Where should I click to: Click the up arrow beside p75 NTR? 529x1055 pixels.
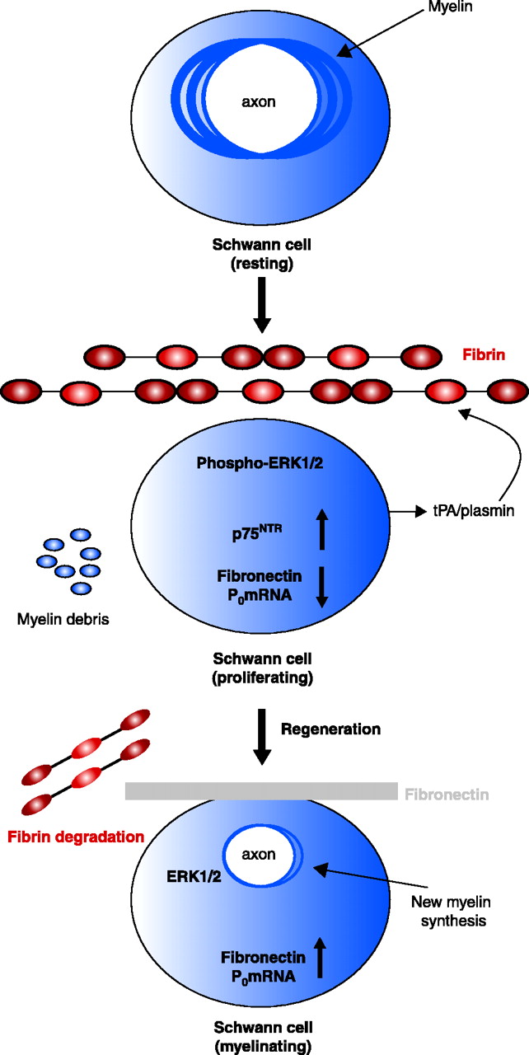pos(322,528)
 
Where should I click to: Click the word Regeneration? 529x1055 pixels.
pos(330,729)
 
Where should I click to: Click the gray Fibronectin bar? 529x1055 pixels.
pos(260,791)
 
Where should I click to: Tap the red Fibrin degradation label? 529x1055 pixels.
pos(76,837)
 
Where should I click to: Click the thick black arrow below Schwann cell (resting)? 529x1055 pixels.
pos(260,305)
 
